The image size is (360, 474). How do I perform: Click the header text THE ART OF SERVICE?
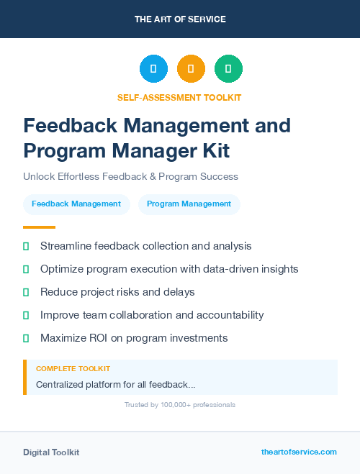click(180, 19)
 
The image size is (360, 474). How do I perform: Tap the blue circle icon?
click(153, 69)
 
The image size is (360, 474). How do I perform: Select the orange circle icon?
click(191, 69)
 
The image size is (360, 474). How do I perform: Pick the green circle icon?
click(228, 69)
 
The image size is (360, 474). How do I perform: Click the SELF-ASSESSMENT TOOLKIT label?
click(179, 97)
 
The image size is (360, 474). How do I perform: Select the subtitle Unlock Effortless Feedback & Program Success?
click(130, 176)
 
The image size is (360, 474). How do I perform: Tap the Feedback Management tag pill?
click(76, 204)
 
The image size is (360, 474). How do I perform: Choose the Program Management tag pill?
click(189, 204)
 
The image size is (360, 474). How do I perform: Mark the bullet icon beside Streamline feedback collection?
click(26, 246)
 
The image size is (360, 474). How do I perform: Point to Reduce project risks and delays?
click(117, 292)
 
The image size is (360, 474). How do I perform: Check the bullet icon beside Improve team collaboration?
click(26, 315)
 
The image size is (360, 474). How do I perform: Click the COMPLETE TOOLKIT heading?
click(73, 369)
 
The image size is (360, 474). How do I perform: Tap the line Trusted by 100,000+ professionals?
click(180, 405)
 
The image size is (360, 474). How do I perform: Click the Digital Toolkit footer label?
click(51, 452)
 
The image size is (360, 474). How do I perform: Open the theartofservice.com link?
click(299, 452)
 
